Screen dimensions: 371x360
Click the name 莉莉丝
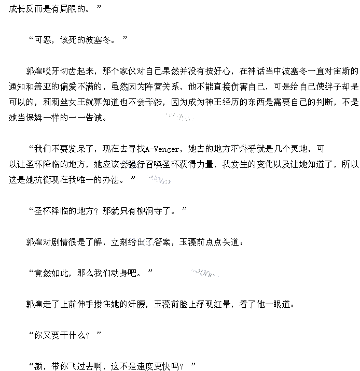(60, 102)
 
